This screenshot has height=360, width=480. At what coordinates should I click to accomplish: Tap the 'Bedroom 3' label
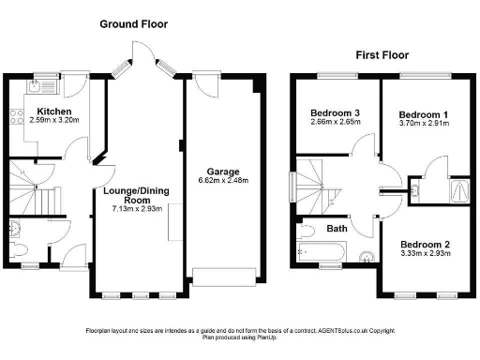(336, 114)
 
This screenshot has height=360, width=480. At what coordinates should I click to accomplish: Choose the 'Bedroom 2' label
(425, 244)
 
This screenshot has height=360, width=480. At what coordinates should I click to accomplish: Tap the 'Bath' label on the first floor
(336, 228)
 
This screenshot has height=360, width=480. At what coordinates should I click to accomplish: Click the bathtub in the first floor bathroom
(322, 251)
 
